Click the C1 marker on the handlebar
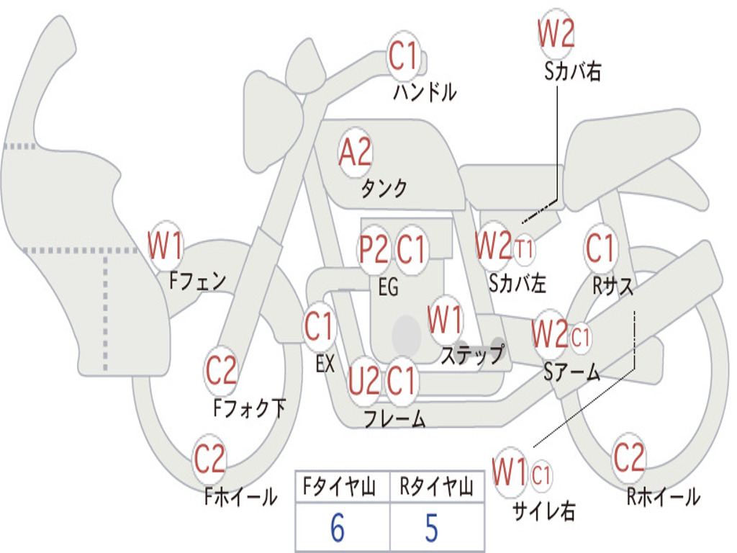pos(403,56)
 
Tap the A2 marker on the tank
pos(356,153)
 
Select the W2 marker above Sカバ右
pos(556,33)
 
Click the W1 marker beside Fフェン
pos(165,245)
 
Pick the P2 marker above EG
pos(374,249)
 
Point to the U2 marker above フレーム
pos(363,381)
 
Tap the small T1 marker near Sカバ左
pos(524,248)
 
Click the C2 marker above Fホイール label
pos(209,459)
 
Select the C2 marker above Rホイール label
pos(628,457)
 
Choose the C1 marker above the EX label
pos(319,326)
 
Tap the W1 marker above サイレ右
pos(510,472)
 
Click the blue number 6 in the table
pos(338,528)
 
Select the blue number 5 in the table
pos(432,528)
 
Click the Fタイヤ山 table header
pos(340,487)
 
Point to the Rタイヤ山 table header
pos(437,487)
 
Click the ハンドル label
pos(425,91)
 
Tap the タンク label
pos(384,189)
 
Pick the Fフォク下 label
pos(249,408)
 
